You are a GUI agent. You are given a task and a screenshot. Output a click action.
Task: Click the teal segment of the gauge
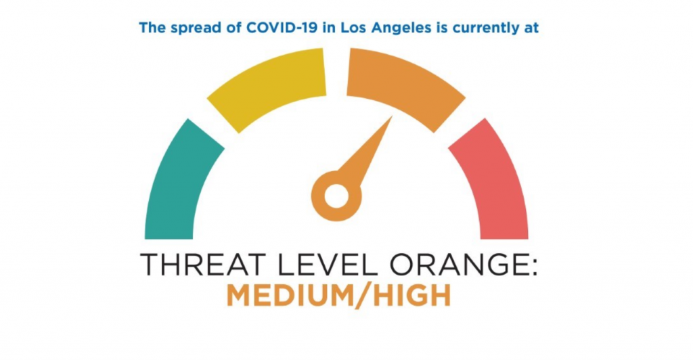(177, 185)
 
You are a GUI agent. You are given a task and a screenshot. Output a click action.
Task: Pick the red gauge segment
(495, 185)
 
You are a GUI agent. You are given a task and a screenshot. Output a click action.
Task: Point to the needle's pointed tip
(393, 116)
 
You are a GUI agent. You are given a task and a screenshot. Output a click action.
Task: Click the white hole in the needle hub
(336, 196)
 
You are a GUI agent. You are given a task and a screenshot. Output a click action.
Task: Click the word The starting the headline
(152, 28)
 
